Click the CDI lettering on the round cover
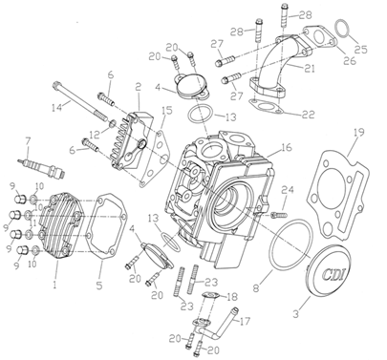pyautogui.click(x=333, y=274)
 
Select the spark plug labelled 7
pyautogui.click(x=41, y=166)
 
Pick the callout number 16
pyautogui.click(x=287, y=147)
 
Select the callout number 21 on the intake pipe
pyautogui.click(x=309, y=68)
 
